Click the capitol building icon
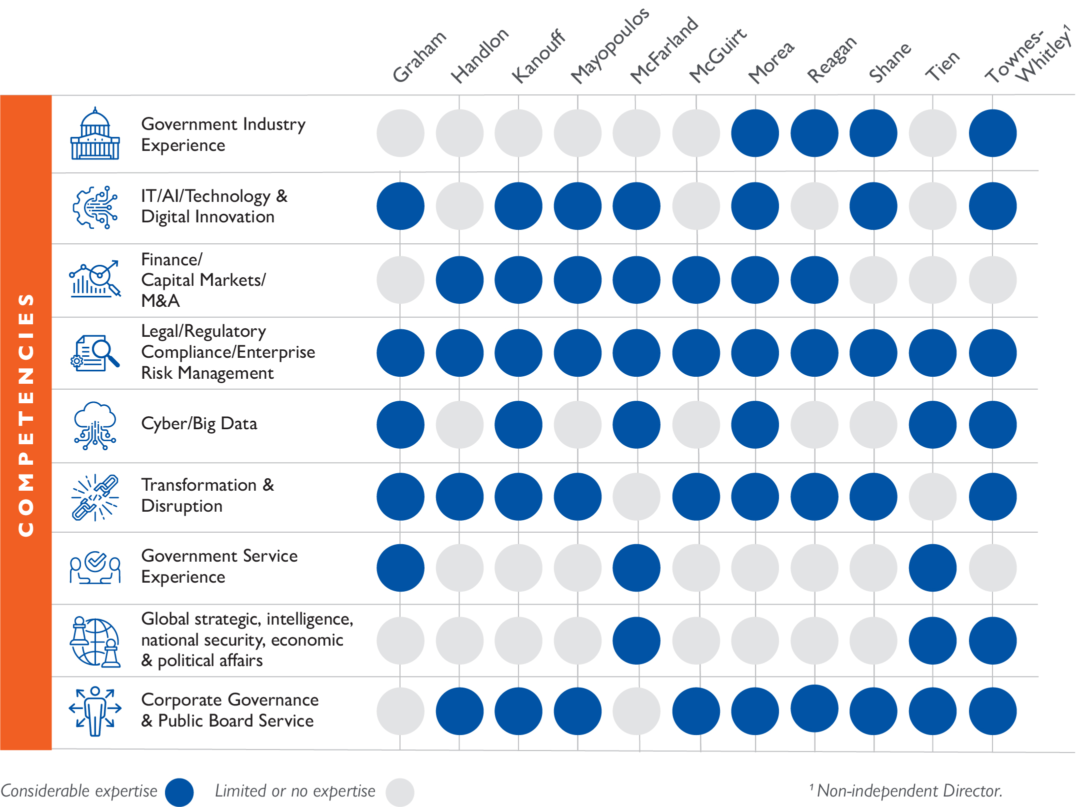click(95, 134)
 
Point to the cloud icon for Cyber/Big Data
click(95, 425)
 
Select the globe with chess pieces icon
click(95, 642)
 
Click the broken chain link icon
click(95, 498)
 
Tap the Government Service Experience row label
click(219, 566)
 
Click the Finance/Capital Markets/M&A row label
click(203, 280)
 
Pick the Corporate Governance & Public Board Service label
click(229, 710)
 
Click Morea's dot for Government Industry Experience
click(755, 133)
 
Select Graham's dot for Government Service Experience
click(400, 568)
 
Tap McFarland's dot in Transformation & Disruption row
click(636, 497)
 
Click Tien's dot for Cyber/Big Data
click(932, 425)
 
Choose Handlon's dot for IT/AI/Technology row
click(459, 206)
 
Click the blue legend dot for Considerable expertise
click(179, 792)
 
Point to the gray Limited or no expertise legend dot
click(400, 792)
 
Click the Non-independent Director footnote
click(906, 791)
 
